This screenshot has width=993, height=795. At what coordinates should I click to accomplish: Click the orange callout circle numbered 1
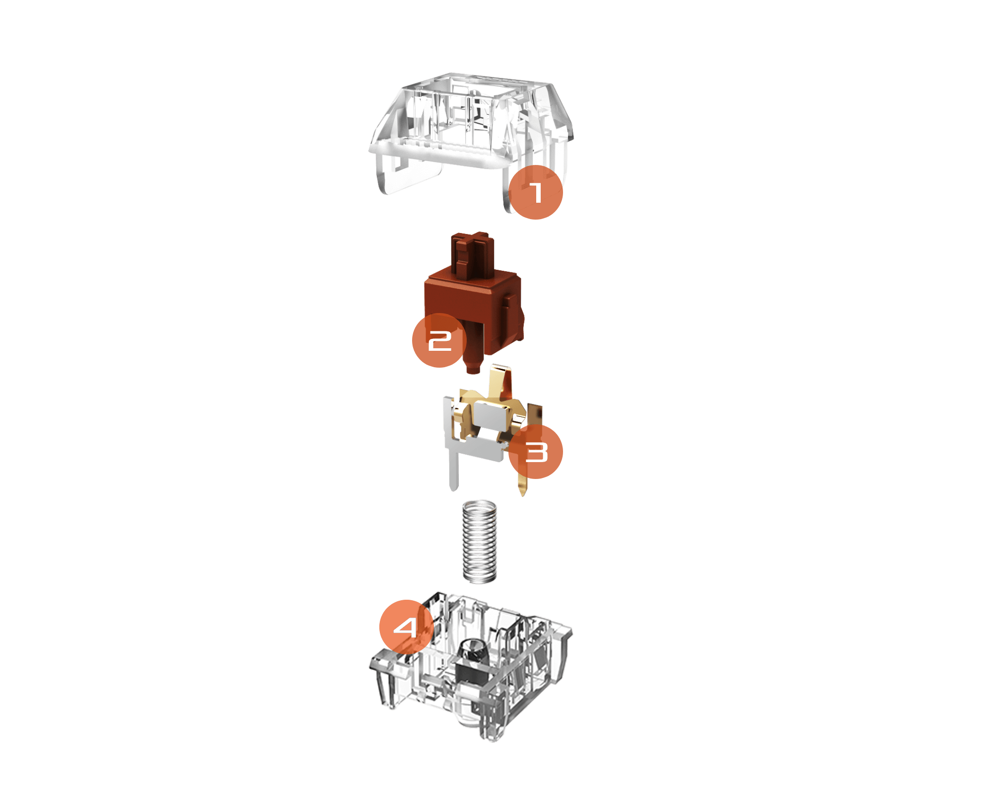[536, 192]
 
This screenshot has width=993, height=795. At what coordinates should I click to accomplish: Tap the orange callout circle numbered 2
[439, 340]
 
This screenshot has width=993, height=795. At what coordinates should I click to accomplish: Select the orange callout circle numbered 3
[536, 452]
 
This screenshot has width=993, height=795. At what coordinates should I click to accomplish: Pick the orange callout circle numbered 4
[407, 627]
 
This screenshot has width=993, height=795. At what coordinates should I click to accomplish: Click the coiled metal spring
[480, 541]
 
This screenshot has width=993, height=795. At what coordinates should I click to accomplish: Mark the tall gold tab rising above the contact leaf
[499, 383]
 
